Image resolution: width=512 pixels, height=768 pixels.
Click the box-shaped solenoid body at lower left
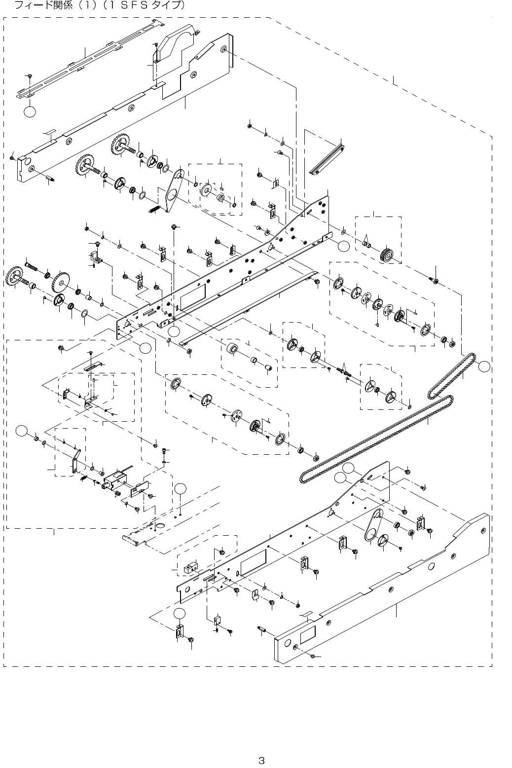[115, 479]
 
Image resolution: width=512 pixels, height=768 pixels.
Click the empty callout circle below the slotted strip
[30, 112]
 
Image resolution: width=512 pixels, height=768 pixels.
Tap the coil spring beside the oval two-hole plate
[155, 209]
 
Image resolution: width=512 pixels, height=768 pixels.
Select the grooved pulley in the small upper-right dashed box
[387, 256]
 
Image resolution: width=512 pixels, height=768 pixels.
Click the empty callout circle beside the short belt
[485, 366]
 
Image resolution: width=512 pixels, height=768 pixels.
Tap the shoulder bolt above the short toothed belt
[435, 280]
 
